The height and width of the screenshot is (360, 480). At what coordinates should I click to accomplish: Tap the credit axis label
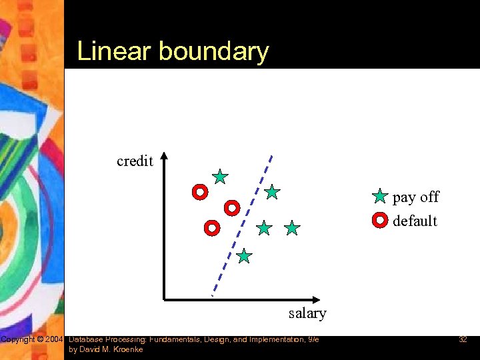[x=135, y=161]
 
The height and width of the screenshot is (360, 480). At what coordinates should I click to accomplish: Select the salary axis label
[x=307, y=313]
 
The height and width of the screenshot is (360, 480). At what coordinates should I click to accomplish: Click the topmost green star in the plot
[x=220, y=177]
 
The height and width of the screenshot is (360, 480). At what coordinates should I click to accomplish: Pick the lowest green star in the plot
[x=244, y=256]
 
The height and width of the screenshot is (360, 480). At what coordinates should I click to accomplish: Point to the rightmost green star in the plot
[x=292, y=229]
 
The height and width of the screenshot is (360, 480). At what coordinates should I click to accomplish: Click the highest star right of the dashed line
[x=272, y=192]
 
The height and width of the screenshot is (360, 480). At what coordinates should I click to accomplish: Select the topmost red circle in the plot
[x=199, y=193]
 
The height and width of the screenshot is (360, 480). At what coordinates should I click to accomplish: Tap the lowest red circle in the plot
[x=211, y=228]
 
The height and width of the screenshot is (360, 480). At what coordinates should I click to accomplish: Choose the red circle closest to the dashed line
[x=231, y=208]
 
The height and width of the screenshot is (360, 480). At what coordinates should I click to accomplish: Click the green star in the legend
[x=380, y=197]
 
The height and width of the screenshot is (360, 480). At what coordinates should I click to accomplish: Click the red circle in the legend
[x=380, y=219]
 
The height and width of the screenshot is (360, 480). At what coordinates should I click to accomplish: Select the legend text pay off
[x=416, y=197]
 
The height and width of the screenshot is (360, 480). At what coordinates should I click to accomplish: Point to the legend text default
[x=415, y=221]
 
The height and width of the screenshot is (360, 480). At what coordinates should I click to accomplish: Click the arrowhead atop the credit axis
[x=165, y=157]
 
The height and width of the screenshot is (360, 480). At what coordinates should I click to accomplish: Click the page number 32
[x=463, y=340]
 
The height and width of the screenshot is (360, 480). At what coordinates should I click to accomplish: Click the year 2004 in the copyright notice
[x=55, y=340]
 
